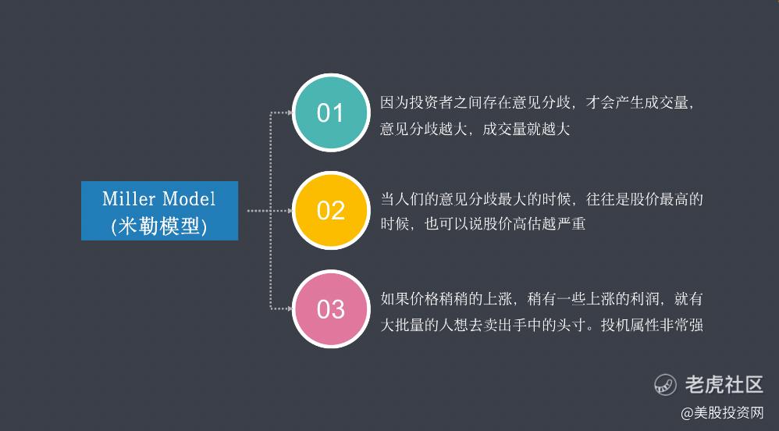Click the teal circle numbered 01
tap(331, 112)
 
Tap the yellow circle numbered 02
tap(331, 210)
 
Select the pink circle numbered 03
tap(331, 308)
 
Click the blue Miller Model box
tap(159, 211)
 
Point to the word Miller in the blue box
tap(129, 199)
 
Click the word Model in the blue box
tap(189, 199)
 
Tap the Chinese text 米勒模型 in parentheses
tap(159, 226)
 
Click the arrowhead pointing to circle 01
tap(290, 113)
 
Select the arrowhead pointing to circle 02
tap(290, 211)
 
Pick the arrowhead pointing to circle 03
tap(290, 308)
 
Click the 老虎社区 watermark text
tap(724, 385)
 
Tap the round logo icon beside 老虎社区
tap(665, 385)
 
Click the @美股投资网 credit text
tap(722, 413)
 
